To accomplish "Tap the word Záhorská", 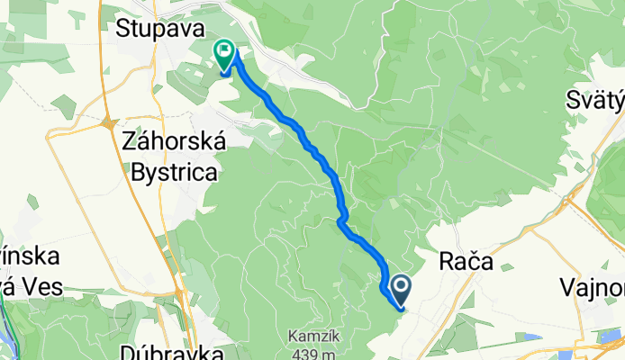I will [171, 141].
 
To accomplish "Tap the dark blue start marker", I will [398, 288].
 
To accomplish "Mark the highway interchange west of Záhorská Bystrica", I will [107, 124].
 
